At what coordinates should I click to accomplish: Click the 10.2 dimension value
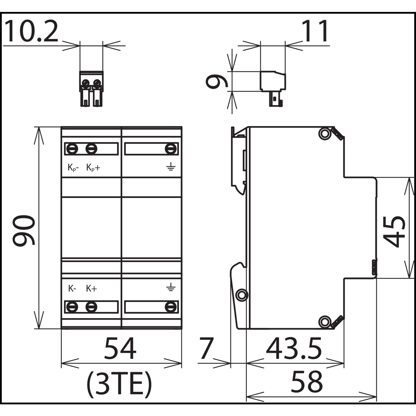(31, 31)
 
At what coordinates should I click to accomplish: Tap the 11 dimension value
(316, 31)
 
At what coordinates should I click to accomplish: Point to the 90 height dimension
(24, 230)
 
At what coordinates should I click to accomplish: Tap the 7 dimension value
(206, 348)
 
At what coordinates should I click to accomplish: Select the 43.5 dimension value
(294, 348)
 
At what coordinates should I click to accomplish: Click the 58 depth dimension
(307, 382)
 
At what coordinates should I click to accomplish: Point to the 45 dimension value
(394, 231)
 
